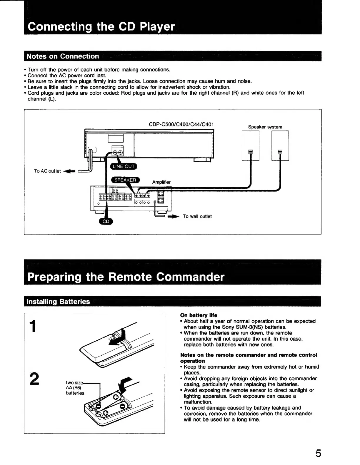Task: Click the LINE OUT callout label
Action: (123, 166)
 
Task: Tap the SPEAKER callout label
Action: (125, 180)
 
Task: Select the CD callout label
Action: (106, 222)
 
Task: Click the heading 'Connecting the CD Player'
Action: (101, 27)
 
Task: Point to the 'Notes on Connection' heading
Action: (63, 56)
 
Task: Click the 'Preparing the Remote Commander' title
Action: (126, 277)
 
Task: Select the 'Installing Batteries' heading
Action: (58, 302)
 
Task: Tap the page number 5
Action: (318, 454)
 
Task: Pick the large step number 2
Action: (35, 379)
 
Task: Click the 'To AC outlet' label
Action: (47, 171)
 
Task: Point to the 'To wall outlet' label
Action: (197, 216)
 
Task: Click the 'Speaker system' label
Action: (265, 127)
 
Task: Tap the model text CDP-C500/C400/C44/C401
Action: (181, 124)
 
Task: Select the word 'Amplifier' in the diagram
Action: (161, 182)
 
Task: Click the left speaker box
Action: (250, 145)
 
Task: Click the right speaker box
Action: (280, 145)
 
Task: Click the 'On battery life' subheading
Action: (199, 315)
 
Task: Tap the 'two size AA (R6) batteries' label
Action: (75, 388)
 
